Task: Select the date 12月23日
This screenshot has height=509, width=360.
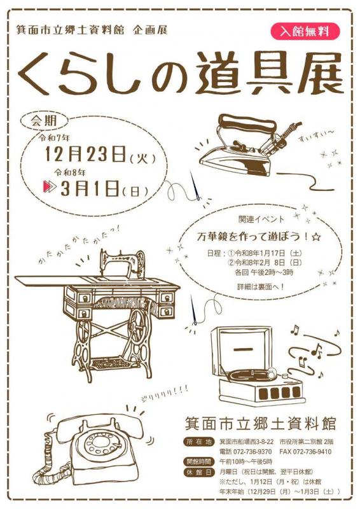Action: pos(85,154)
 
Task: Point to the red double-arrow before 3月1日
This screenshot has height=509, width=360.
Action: pos(50,188)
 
